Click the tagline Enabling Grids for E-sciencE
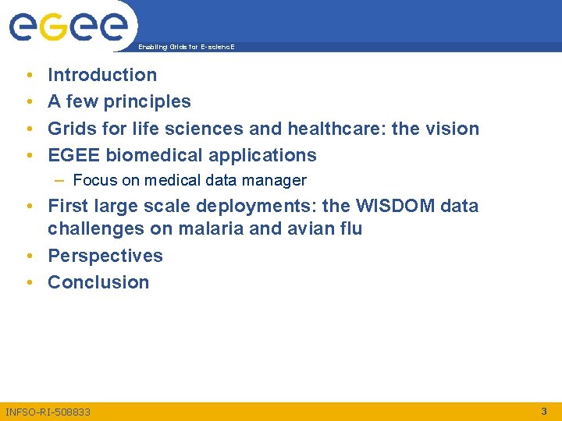pos(186,47)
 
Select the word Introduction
pos(102,75)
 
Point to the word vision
pos(452,128)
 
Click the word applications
pos(259,154)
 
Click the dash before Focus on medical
pos(60,180)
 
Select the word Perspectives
pos(105,256)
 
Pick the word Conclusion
pos(98,282)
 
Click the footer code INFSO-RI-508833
pos(48,411)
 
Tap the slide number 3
pos(544,410)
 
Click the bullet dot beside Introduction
pos(29,76)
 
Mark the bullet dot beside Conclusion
pos(29,283)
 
